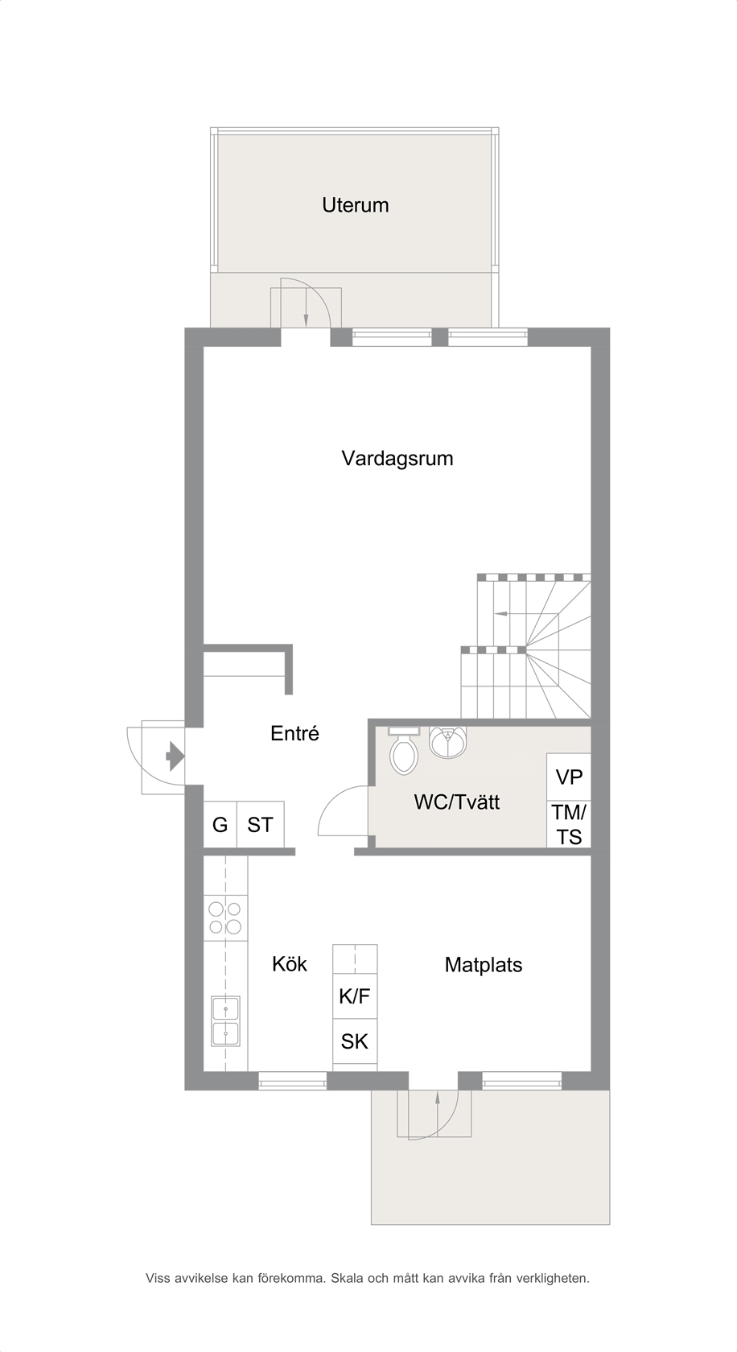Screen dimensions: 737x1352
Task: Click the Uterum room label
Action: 355,205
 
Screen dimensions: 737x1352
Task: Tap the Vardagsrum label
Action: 397,458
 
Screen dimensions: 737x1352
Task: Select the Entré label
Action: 294,733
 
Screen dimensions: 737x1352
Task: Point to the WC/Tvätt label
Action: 457,802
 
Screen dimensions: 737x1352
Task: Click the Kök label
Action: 290,964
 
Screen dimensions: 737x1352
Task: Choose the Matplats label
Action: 484,964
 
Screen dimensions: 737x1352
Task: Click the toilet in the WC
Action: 404,750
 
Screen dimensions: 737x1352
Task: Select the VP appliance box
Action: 569,777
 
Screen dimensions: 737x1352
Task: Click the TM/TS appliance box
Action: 569,824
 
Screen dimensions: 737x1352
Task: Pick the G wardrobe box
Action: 220,824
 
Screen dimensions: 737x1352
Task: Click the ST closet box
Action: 260,824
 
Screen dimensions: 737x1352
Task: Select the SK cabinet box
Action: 355,1041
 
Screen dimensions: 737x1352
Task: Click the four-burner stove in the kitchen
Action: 225,917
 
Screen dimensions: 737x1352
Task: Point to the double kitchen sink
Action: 225,1020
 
